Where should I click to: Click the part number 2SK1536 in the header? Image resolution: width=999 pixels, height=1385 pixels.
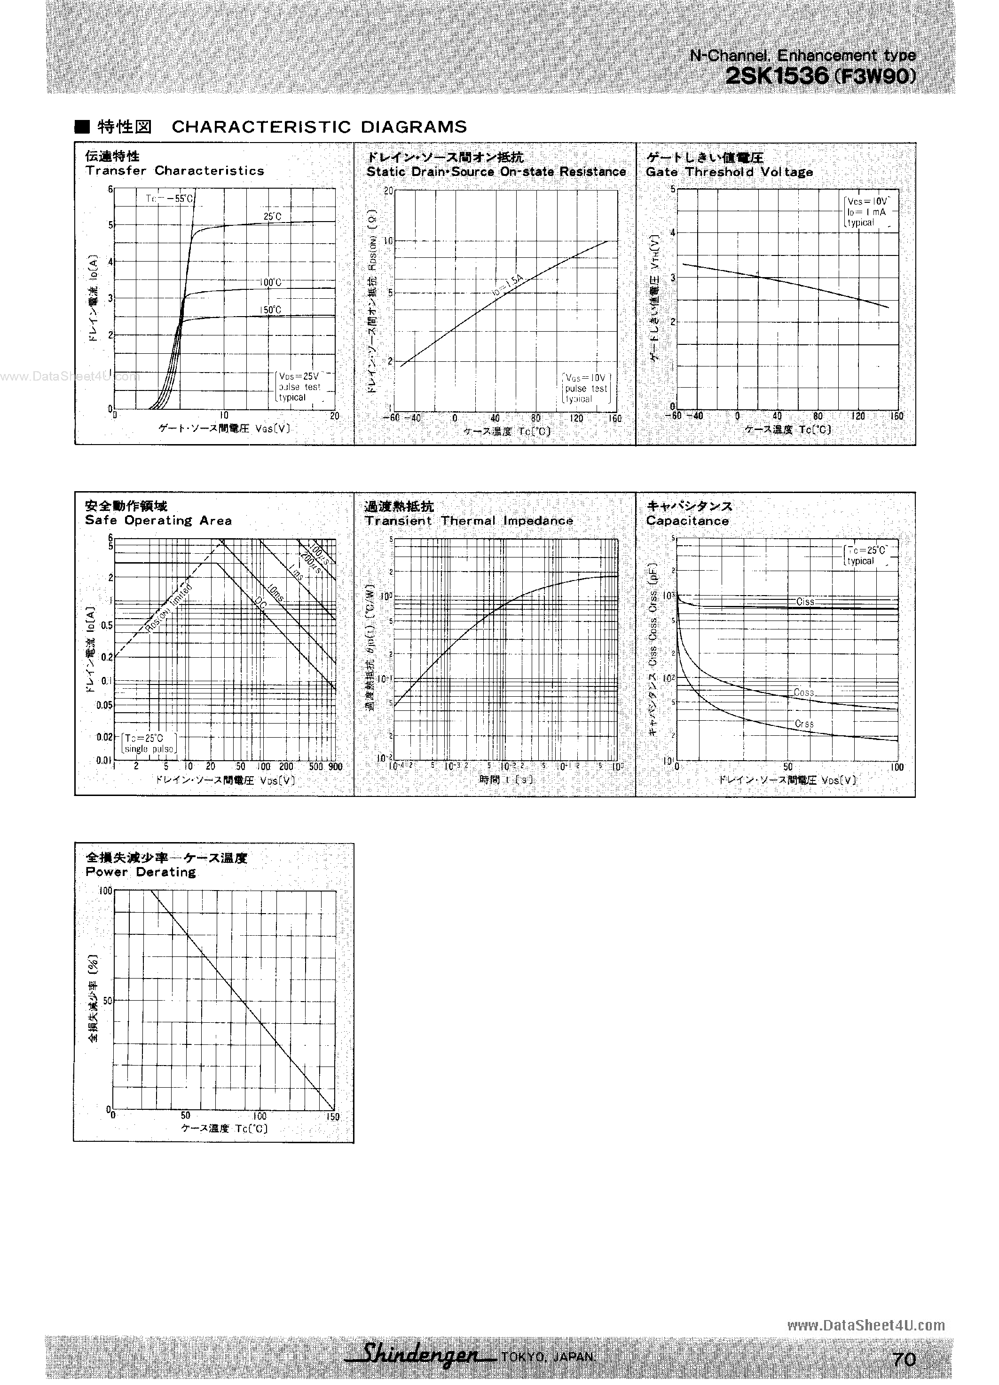[x=777, y=76]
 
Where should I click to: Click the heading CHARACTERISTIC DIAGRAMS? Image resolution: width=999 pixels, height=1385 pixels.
[x=319, y=127]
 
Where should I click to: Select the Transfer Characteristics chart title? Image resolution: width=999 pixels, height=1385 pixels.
[x=174, y=171]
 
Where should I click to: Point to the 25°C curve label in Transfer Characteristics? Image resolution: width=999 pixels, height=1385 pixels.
[x=272, y=217]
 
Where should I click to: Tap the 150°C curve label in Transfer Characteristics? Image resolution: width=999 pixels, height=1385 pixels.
[x=270, y=310]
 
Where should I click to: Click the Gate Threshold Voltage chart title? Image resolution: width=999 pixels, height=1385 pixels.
[x=729, y=172]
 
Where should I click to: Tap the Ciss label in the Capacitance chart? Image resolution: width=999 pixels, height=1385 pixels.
[x=805, y=602]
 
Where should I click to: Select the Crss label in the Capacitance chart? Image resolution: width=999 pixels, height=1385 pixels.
[x=804, y=724]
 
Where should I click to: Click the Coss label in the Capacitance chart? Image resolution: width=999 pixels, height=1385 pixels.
[x=804, y=692]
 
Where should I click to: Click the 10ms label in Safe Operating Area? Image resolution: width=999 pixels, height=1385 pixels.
[x=275, y=592]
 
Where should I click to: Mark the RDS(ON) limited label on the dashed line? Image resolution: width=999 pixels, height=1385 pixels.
[x=169, y=609]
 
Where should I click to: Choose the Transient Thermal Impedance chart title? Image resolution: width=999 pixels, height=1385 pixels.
[x=469, y=521]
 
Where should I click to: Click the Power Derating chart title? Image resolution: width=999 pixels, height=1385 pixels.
[x=141, y=872]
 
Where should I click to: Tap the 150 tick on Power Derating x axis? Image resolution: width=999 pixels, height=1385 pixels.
[x=332, y=1117]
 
